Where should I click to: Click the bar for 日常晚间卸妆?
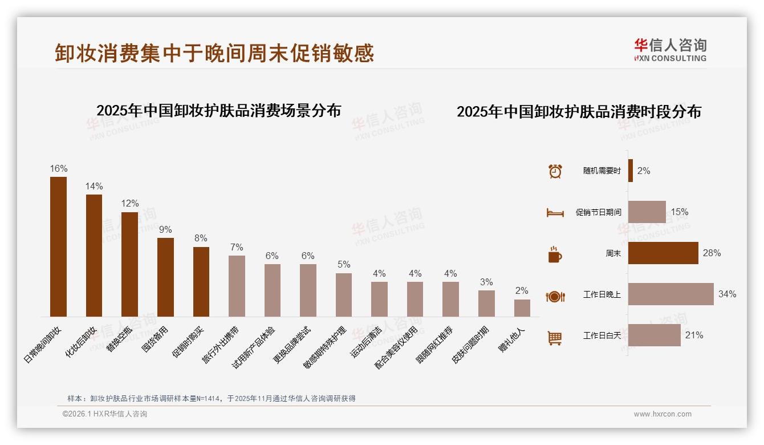click(58, 246)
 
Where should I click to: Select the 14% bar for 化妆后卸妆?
click(94, 255)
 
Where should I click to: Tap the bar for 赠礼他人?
click(522, 308)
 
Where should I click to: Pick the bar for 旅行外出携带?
click(237, 286)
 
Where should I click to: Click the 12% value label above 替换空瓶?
click(129, 204)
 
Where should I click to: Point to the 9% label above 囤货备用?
click(165, 229)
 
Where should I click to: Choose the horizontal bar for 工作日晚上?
click(670, 294)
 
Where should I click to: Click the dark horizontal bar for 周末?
click(663, 253)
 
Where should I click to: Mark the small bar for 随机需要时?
click(631, 171)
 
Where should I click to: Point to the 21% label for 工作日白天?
click(694, 335)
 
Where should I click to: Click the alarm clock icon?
click(555, 171)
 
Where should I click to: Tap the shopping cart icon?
click(555, 338)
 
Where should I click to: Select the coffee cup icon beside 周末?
click(555, 254)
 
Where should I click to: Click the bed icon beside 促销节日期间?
click(555, 213)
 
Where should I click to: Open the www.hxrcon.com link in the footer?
click(663, 414)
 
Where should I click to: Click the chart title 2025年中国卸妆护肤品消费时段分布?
click(579, 112)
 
